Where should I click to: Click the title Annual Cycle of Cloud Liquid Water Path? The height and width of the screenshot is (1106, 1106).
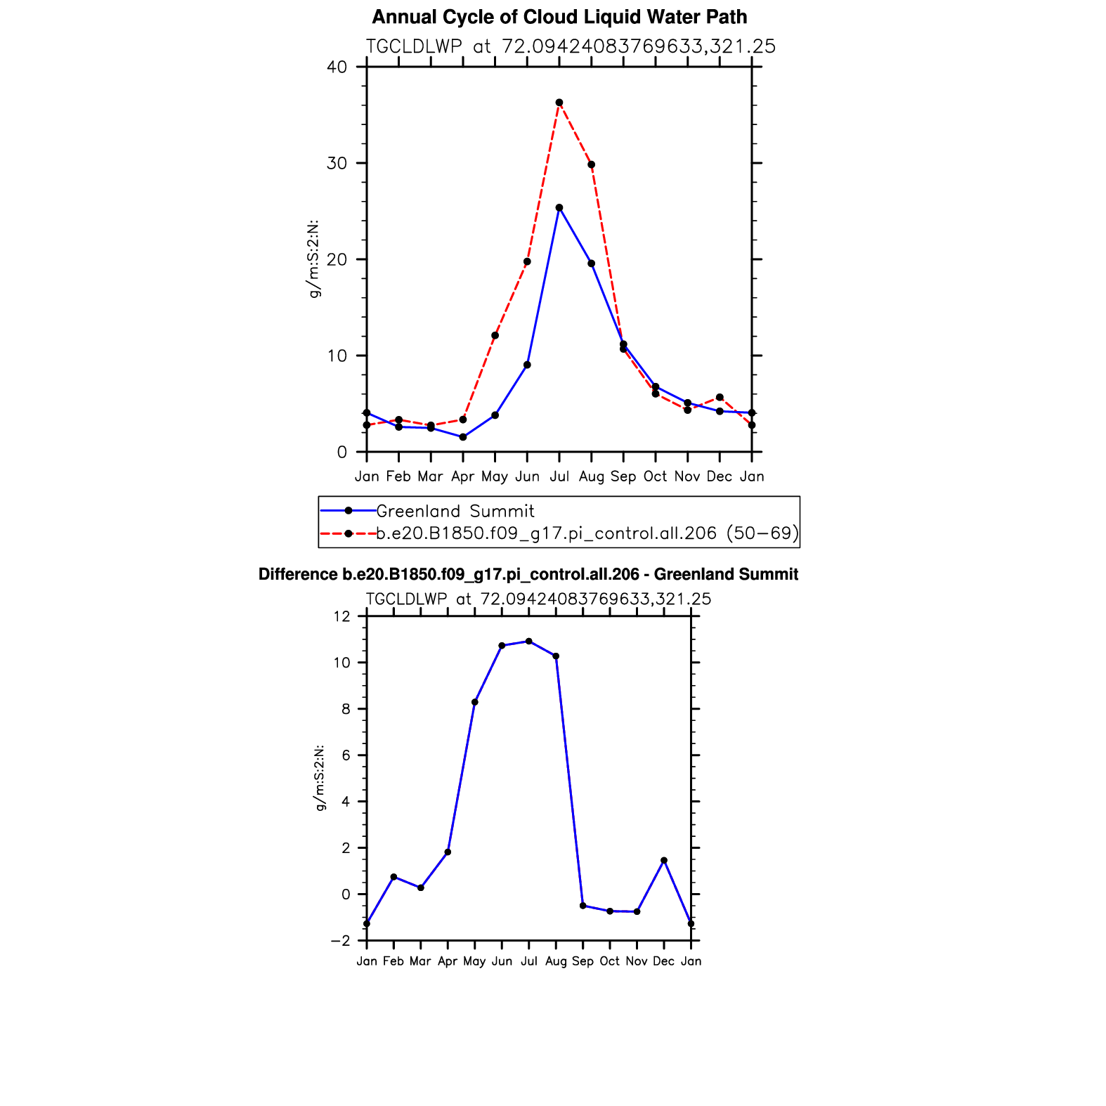point(559,17)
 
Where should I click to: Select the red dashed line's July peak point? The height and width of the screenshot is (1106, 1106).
point(559,103)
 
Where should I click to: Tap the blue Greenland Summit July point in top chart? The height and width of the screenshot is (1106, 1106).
point(559,208)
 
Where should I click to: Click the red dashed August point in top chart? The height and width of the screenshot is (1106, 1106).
point(592,164)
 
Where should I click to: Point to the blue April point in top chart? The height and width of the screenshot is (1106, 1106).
point(463,437)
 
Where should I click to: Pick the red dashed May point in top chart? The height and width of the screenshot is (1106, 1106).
point(495,335)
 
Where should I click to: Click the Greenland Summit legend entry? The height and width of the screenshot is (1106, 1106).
point(455,511)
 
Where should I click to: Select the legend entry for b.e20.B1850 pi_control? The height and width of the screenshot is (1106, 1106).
point(587,533)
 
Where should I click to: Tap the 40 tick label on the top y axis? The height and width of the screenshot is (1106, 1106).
point(337,67)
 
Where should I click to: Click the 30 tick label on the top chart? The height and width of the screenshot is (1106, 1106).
point(337,164)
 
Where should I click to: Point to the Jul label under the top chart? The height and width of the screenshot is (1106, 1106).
point(559,476)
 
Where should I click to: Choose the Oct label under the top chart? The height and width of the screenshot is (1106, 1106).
point(655,476)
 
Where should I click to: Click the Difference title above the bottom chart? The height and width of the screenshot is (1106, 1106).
point(528,575)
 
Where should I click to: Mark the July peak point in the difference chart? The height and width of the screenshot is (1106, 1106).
point(529,641)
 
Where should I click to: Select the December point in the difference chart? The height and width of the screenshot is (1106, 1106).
point(664,860)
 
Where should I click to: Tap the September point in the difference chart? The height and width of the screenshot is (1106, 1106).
point(583,906)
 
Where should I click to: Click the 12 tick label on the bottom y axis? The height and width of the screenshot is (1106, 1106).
point(342,617)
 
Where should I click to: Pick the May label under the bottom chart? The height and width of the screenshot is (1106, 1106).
point(474,961)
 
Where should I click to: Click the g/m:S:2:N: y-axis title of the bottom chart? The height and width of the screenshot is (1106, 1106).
point(320,778)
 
